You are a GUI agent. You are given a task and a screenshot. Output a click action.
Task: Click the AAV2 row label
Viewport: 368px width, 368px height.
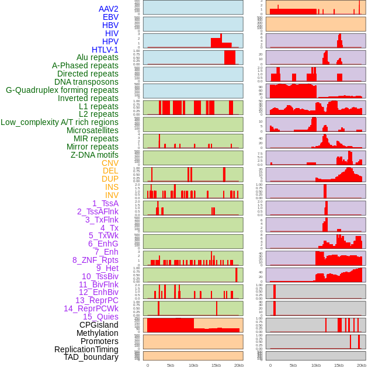[109, 9]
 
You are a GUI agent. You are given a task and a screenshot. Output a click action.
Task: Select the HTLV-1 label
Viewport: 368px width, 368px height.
[105, 50]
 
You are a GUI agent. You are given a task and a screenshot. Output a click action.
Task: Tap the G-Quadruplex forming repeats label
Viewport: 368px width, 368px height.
[62, 90]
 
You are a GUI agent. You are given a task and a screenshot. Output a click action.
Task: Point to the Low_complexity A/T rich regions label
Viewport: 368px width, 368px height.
[60, 122]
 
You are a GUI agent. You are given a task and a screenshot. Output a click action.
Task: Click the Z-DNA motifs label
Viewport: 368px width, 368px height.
[95, 155]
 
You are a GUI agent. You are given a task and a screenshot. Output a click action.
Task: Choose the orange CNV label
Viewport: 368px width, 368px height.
[110, 163]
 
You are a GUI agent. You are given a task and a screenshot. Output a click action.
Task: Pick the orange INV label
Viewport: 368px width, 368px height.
[112, 195]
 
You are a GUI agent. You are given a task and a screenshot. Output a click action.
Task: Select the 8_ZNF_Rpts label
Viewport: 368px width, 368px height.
[95, 260]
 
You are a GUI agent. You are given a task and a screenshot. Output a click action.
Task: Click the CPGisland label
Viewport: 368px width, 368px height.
[99, 325]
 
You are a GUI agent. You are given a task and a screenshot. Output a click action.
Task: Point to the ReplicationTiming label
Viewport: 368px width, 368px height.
[86, 349]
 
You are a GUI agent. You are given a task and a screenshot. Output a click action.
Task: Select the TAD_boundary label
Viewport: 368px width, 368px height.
[91, 357]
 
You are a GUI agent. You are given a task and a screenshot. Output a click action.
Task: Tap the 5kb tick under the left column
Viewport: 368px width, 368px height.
[171, 365]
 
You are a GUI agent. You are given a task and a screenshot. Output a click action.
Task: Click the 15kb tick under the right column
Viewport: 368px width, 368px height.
[339, 365]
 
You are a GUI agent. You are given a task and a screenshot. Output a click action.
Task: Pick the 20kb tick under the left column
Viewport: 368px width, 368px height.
[238, 365]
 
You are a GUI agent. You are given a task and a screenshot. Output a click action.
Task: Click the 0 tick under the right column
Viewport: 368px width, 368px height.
[270, 365]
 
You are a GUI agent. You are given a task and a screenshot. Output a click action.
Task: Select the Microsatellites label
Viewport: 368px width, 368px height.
[92, 130]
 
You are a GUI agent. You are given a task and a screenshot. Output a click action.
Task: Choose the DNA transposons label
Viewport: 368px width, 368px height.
[86, 82]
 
